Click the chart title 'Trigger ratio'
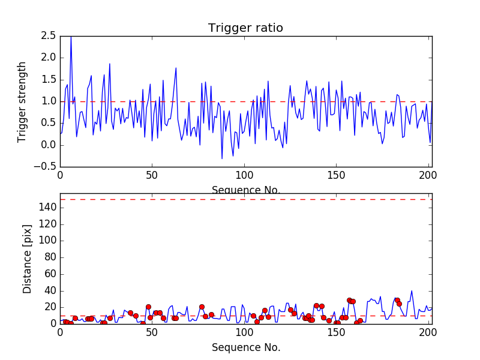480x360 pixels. click(x=245, y=28)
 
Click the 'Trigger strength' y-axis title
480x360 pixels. click(x=22, y=101)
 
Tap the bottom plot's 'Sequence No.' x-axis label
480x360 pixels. click(x=246, y=347)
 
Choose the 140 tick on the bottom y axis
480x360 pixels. click(x=48, y=208)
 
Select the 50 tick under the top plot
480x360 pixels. click(x=152, y=176)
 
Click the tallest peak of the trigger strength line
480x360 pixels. click(x=71, y=37)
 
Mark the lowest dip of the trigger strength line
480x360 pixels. click(x=222, y=158)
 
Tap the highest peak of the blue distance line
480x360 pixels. click(x=412, y=291)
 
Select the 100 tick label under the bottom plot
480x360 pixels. click(x=244, y=333)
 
